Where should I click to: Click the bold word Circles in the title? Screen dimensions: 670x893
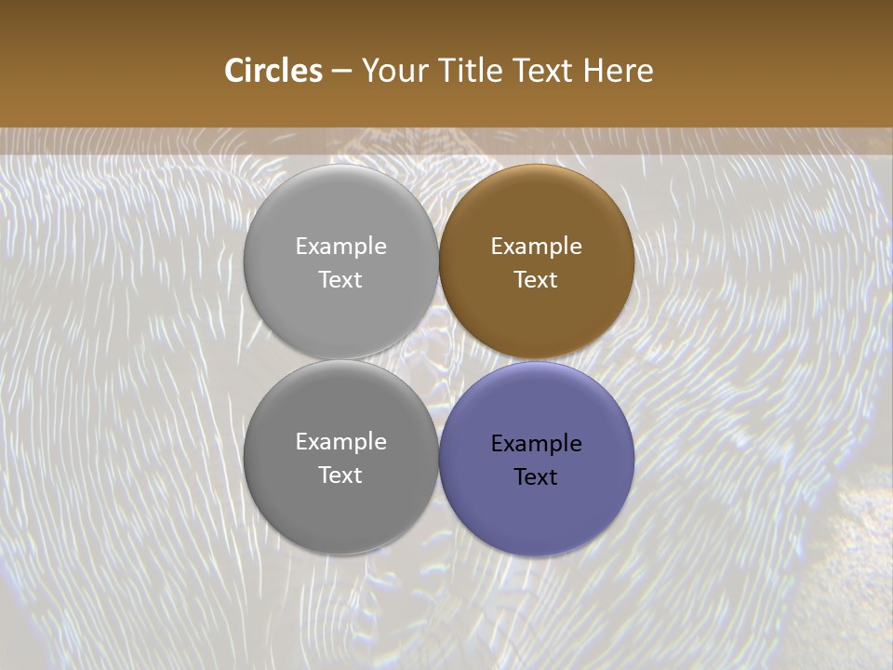click(273, 71)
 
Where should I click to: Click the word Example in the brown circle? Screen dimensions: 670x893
click(536, 247)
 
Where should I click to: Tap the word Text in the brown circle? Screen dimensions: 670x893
click(536, 280)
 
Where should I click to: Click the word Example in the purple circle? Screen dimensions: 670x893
click(536, 444)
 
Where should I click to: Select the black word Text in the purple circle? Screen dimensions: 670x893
click(536, 477)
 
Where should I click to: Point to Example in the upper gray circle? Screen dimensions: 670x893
click(340, 247)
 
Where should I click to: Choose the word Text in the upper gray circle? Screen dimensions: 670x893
click(340, 280)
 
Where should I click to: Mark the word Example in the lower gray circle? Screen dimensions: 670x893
click(340, 442)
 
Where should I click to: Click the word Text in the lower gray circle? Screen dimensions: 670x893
click(340, 476)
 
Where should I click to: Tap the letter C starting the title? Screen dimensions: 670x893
click(234, 71)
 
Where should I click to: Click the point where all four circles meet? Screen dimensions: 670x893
click(438, 359)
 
